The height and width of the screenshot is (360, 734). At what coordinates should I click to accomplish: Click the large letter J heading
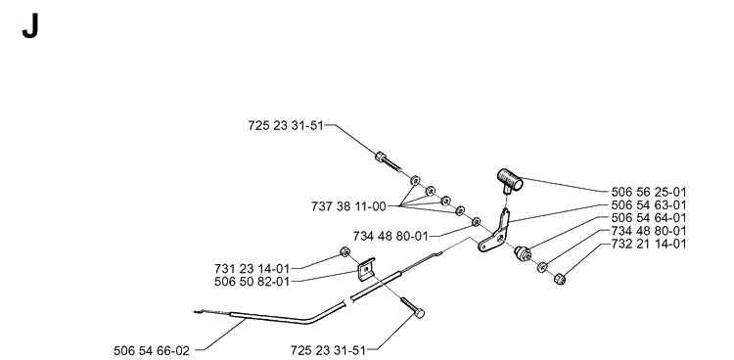(30, 26)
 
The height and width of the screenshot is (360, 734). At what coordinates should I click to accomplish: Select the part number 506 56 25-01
(648, 192)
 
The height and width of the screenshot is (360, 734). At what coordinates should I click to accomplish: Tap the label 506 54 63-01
(648, 205)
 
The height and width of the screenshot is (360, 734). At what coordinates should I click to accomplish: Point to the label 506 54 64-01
(648, 218)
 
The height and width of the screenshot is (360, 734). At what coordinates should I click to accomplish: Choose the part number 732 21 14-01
(648, 244)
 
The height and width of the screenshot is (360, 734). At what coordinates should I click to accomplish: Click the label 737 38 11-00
(348, 206)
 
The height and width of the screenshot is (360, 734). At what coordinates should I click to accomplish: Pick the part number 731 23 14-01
(252, 269)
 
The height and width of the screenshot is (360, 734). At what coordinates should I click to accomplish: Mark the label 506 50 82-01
(252, 282)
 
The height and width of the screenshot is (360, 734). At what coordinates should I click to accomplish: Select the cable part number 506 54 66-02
(152, 350)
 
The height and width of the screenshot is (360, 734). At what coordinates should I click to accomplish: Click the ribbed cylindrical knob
(510, 180)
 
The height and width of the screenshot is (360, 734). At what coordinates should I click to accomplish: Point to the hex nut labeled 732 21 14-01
(560, 280)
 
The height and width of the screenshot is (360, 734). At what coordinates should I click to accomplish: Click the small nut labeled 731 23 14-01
(344, 251)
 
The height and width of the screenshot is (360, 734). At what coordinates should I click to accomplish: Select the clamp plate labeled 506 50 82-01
(367, 270)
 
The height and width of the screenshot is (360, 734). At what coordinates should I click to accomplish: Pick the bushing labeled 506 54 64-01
(523, 252)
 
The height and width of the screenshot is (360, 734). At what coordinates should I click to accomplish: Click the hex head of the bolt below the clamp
(420, 313)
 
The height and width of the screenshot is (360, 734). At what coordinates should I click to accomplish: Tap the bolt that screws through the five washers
(389, 162)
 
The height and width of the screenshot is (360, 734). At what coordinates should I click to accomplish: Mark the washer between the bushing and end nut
(542, 267)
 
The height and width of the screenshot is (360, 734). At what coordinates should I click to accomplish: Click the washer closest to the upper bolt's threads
(415, 181)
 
